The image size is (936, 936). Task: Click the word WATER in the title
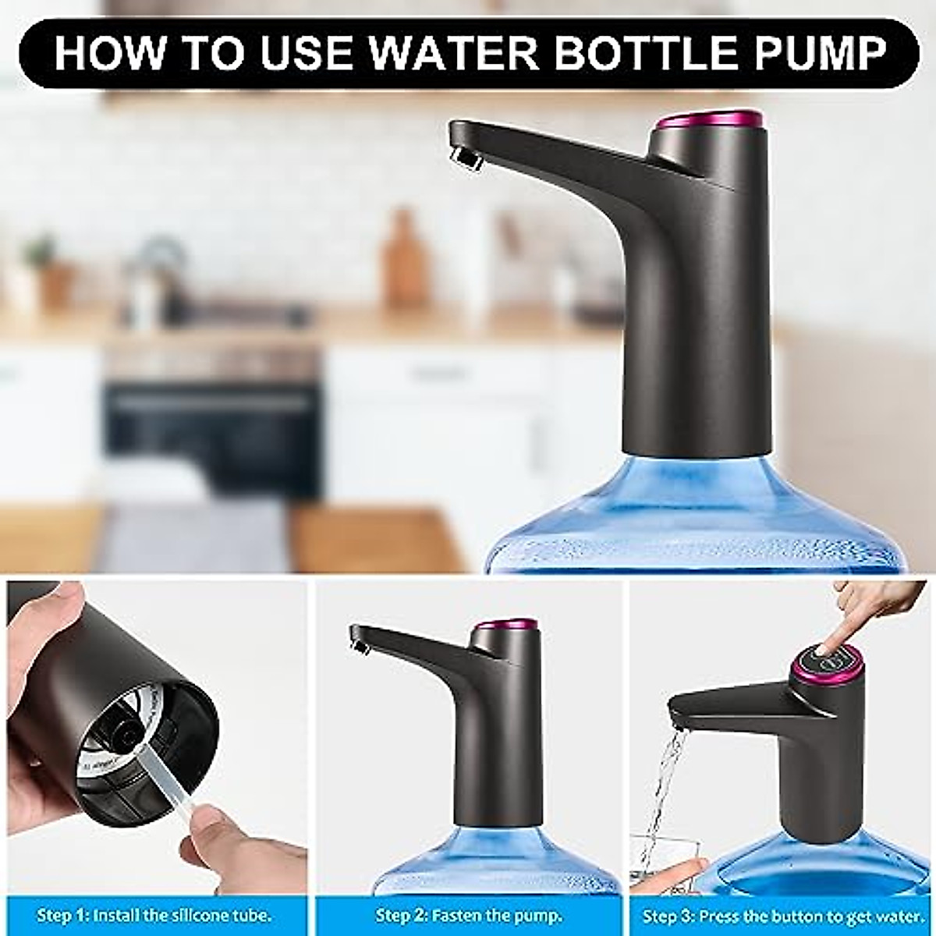(x=452, y=53)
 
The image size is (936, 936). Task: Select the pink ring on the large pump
(x=709, y=120)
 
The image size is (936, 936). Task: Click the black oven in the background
(x=212, y=421)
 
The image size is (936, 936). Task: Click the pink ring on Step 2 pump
(x=507, y=625)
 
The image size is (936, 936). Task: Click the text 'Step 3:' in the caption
(x=668, y=915)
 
